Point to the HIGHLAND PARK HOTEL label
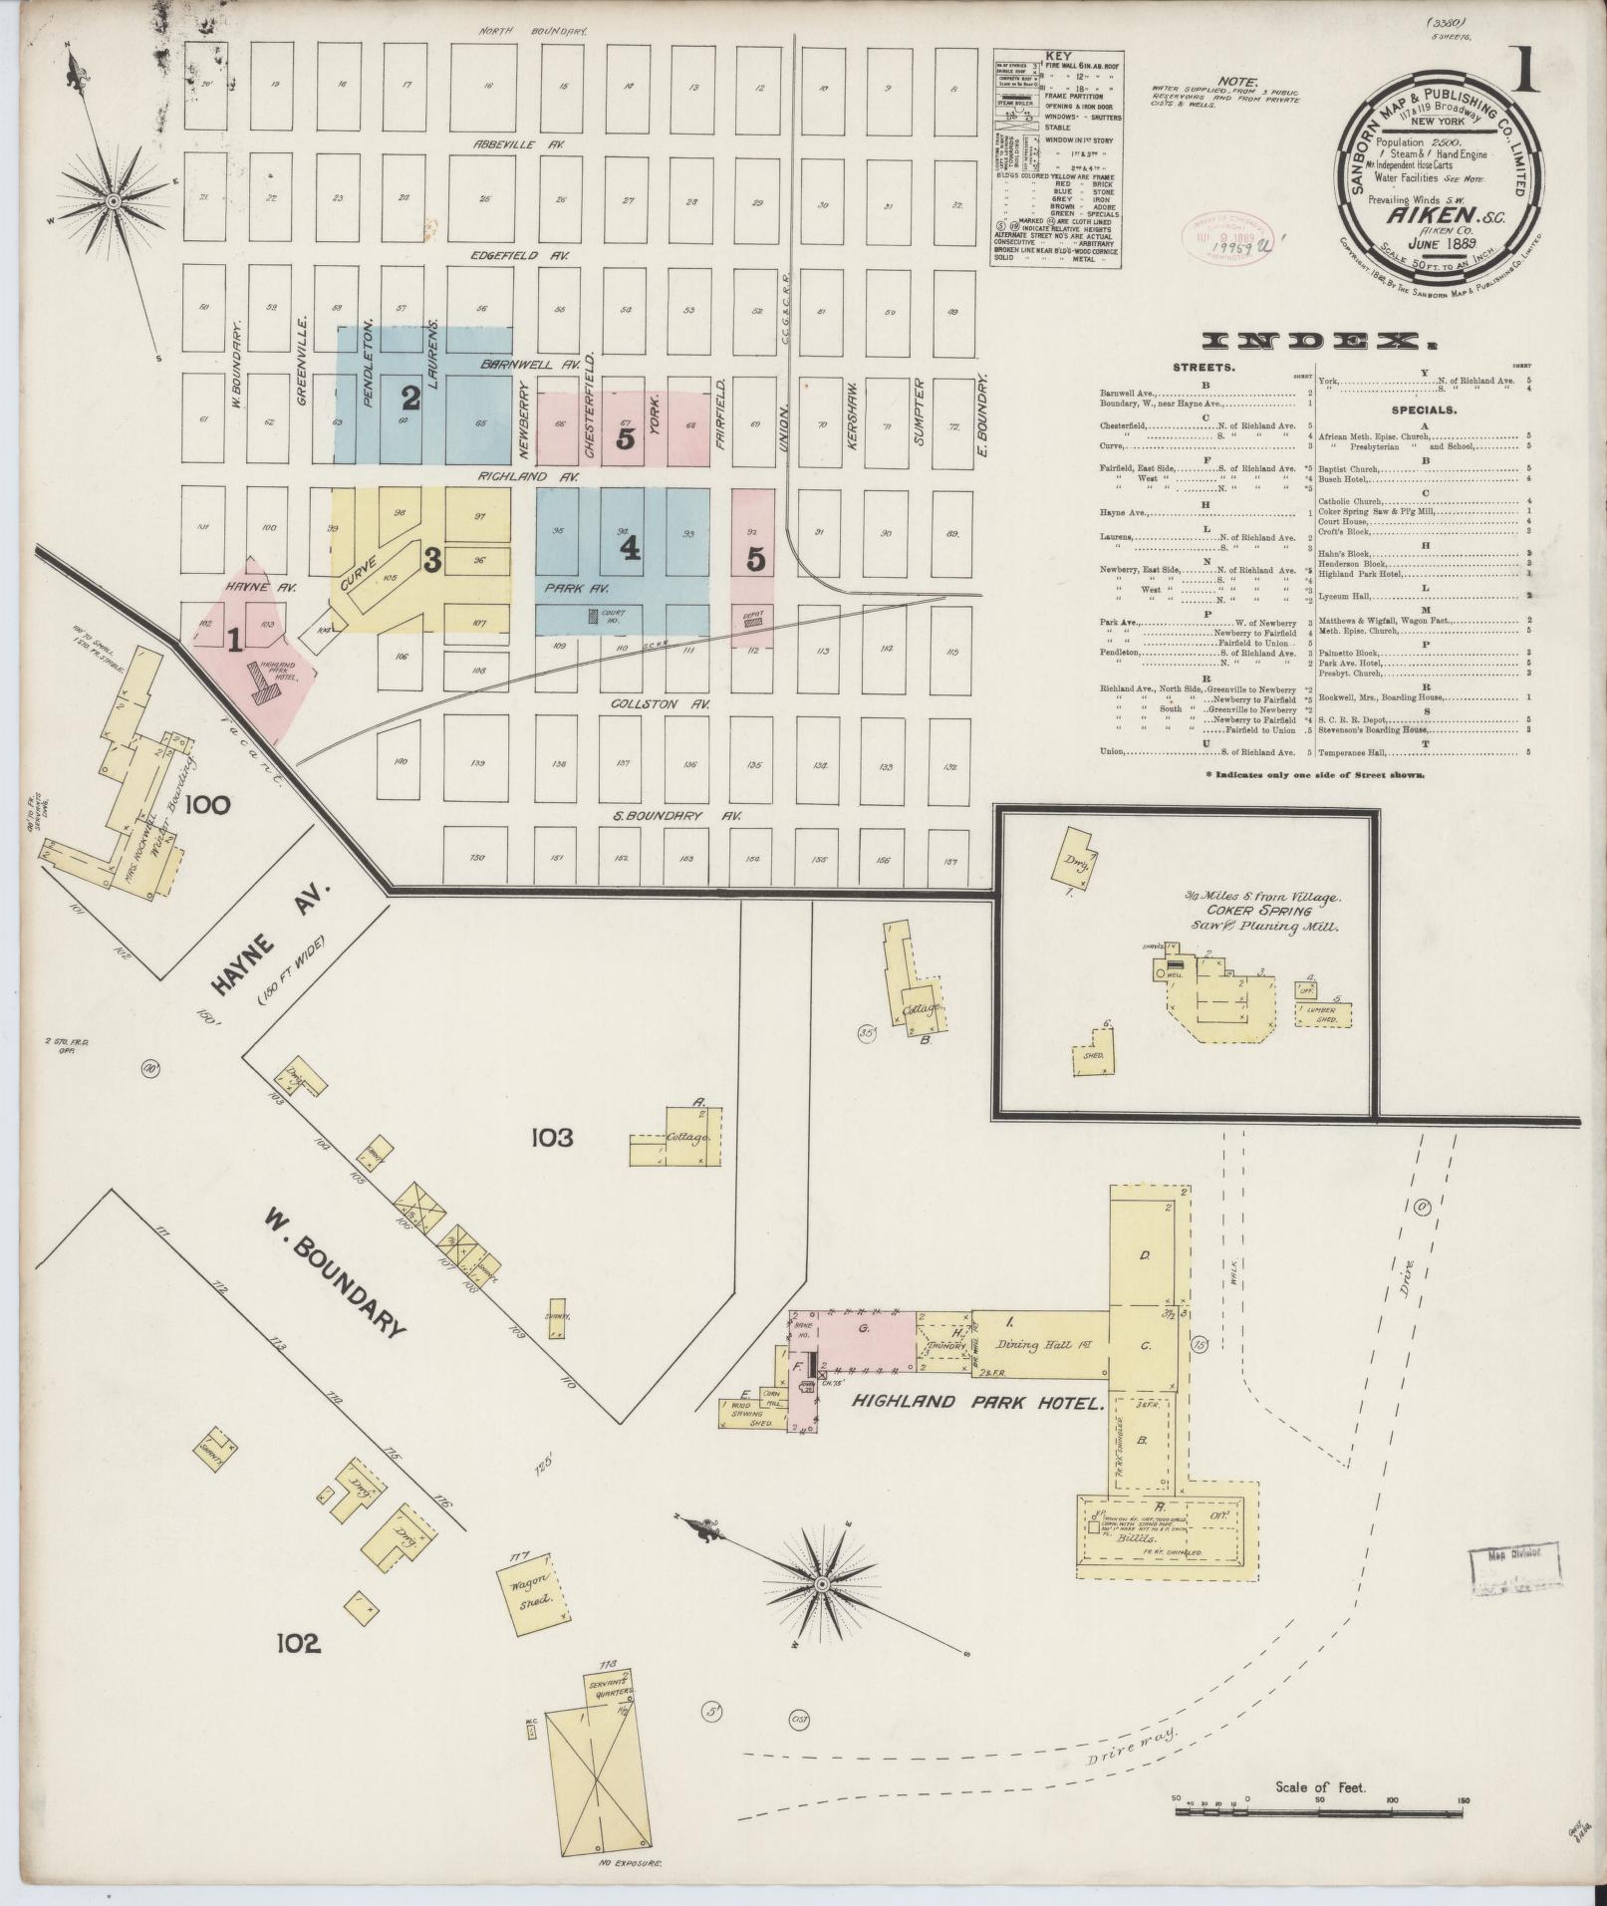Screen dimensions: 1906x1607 coord(978,1403)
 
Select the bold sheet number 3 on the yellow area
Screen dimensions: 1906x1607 coord(431,560)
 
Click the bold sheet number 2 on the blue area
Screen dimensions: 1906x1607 coord(410,398)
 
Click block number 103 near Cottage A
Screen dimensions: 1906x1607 coord(552,1137)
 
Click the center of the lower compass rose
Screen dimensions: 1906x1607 coord(821,1584)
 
